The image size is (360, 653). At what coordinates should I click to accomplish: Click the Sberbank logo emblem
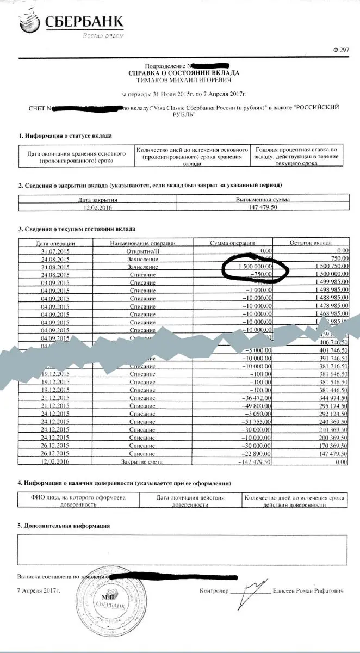(x=28, y=23)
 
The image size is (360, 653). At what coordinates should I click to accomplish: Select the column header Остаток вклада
(x=311, y=243)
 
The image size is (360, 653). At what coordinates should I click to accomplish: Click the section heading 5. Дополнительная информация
(x=63, y=526)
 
